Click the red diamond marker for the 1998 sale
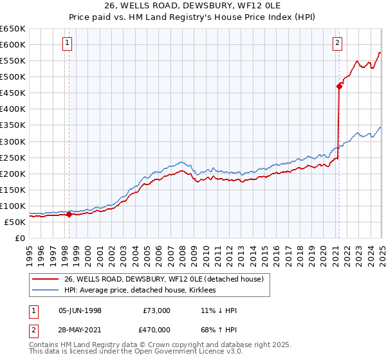69,214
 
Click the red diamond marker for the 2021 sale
338,85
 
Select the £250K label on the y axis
14,157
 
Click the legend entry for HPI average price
141,291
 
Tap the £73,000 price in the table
156,310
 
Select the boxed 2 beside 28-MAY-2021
32,331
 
